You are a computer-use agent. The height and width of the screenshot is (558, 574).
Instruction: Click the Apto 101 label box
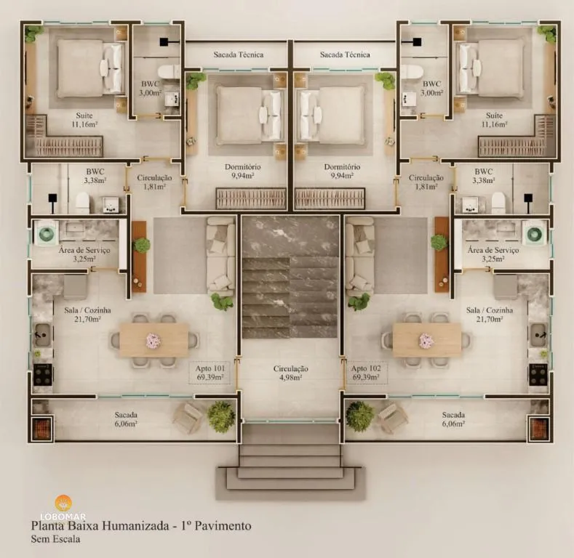[210, 373]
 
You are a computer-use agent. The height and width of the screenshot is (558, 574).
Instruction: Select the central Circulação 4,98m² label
[290, 373]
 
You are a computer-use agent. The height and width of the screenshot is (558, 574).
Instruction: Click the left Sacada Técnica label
[238, 54]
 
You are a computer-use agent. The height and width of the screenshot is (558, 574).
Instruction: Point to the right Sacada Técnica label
[345, 54]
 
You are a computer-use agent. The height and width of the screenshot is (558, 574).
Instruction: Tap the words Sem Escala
[55, 539]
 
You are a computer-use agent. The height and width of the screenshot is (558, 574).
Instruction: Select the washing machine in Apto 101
[47, 233]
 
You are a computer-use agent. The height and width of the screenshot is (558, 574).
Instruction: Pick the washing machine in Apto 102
[535, 233]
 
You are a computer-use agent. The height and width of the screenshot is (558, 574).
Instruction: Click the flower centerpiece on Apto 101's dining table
[154, 340]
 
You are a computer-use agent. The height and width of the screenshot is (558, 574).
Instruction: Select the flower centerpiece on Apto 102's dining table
[426, 340]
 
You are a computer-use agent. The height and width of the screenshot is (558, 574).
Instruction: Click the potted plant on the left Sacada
[220, 416]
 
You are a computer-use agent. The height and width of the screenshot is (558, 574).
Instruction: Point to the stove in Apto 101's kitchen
[43, 374]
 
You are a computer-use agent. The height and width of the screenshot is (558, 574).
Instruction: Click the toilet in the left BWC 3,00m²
[170, 72]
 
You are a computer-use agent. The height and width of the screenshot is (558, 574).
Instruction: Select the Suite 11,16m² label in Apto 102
[494, 120]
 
